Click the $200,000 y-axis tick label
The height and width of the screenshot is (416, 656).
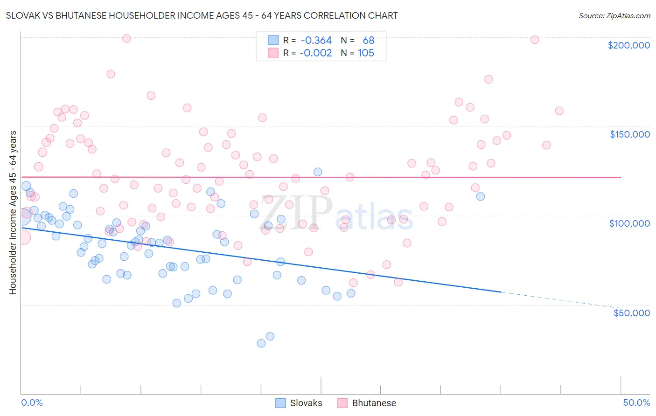[628, 45]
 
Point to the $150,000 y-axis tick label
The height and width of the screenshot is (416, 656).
[629, 134]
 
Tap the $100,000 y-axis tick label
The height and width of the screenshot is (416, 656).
[629, 223]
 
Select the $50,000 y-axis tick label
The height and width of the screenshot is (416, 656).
[631, 313]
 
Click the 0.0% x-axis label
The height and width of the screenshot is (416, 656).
[32, 402]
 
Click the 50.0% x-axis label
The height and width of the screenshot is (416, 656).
[636, 402]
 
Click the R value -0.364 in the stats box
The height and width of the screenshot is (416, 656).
[316, 41]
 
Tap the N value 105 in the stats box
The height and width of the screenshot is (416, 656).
[366, 53]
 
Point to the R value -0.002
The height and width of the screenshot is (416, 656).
[316, 53]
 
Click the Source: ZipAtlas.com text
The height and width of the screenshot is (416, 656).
[614, 15]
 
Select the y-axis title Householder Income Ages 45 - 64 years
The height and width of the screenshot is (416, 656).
[13, 212]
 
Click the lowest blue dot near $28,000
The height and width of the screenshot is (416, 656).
[261, 343]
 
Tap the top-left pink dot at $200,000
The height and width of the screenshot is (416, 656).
[126, 38]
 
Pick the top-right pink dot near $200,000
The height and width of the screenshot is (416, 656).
[535, 40]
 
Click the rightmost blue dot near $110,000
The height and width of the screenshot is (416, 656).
[480, 196]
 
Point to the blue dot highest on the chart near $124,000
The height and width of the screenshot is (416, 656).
[318, 172]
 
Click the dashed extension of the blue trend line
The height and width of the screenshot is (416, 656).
[560, 299]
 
